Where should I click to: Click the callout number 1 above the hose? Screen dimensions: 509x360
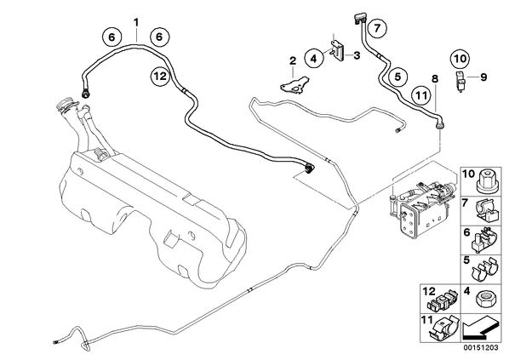[x=136, y=23]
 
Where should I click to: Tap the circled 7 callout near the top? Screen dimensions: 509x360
[x=376, y=29]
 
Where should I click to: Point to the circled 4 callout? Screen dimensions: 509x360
[x=313, y=59]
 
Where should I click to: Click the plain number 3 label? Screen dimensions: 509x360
[x=357, y=55]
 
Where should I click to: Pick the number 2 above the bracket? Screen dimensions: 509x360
[x=293, y=60]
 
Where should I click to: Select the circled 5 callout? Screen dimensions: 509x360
[x=398, y=77]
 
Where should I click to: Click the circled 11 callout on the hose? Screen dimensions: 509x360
[x=421, y=95]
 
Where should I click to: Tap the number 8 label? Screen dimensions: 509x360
[x=435, y=78]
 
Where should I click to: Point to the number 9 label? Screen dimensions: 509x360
[x=483, y=77]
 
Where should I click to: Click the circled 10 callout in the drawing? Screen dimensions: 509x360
[x=460, y=59]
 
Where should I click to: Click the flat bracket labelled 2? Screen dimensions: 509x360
[x=295, y=85]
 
